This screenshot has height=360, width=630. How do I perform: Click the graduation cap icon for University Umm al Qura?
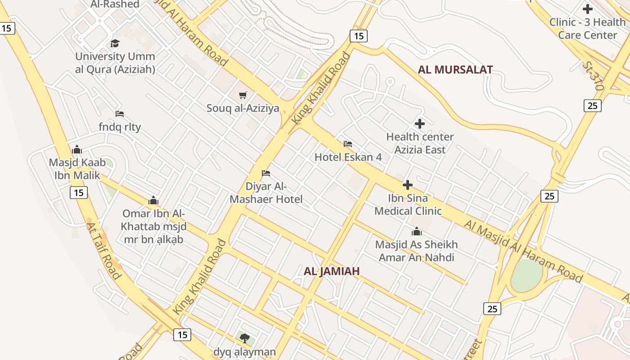[115, 43]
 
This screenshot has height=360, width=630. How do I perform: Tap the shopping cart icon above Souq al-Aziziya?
[243, 95]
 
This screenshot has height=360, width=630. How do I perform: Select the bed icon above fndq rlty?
[120, 114]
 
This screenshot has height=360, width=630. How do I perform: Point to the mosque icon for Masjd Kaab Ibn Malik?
[77, 149]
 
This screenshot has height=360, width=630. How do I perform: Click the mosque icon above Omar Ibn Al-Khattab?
[153, 200]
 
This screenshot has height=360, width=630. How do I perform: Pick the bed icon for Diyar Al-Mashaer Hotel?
[266, 173]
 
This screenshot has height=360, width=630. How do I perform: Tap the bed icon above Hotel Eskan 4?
[348, 144]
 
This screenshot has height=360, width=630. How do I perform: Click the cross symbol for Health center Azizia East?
[420, 124]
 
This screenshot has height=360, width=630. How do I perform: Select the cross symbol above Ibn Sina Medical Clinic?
[408, 185]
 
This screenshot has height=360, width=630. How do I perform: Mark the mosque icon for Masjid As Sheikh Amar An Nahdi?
[417, 232]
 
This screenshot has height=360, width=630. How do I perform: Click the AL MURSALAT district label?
[455, 70]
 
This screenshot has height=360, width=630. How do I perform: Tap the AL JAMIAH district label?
[332, 271]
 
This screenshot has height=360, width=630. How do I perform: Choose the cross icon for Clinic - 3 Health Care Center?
[587, 9]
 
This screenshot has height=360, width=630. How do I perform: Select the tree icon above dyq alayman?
[245, 338]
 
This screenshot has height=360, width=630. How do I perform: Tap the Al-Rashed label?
[115, 4]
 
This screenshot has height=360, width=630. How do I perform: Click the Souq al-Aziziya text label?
[243, 108]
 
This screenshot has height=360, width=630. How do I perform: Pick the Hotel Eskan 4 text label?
[348, 157]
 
